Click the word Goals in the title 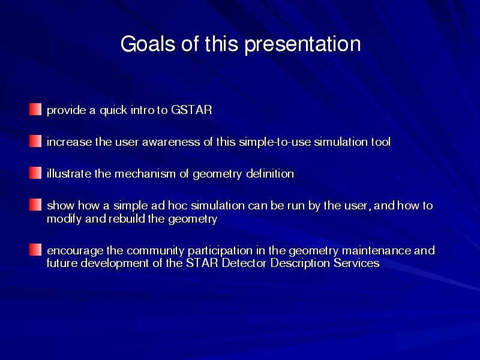click(148, 44)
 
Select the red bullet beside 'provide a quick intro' click(35, 109)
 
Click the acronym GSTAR click(191, 110)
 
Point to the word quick click(113, 110)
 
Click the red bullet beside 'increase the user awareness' click(35, 141)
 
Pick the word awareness click(171, 142)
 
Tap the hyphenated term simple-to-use click(275, 142)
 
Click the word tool click(381, 142)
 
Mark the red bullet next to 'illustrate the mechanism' click(35, 173)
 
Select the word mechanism click(145, 174)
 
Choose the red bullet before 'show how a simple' click(35, 205)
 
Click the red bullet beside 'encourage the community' click(35, 250)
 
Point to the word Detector click(244, 263)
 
